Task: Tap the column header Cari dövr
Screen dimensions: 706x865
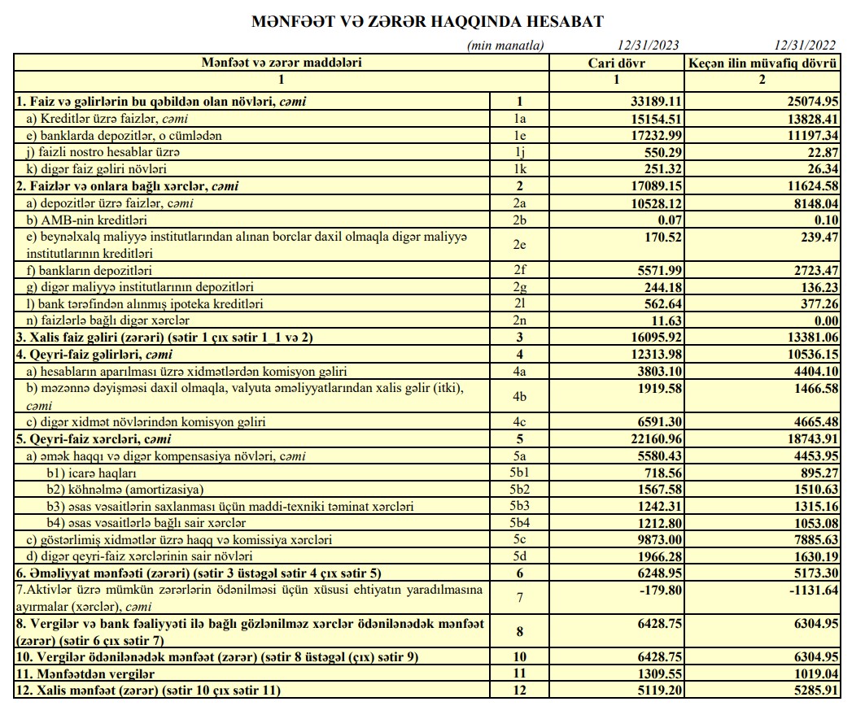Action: [x=616, y=62]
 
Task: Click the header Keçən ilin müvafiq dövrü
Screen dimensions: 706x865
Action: [x=762, y=62]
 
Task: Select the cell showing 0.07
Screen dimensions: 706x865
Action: [x=668, y=220]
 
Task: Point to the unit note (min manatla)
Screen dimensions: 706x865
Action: [x=505, y=46]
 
